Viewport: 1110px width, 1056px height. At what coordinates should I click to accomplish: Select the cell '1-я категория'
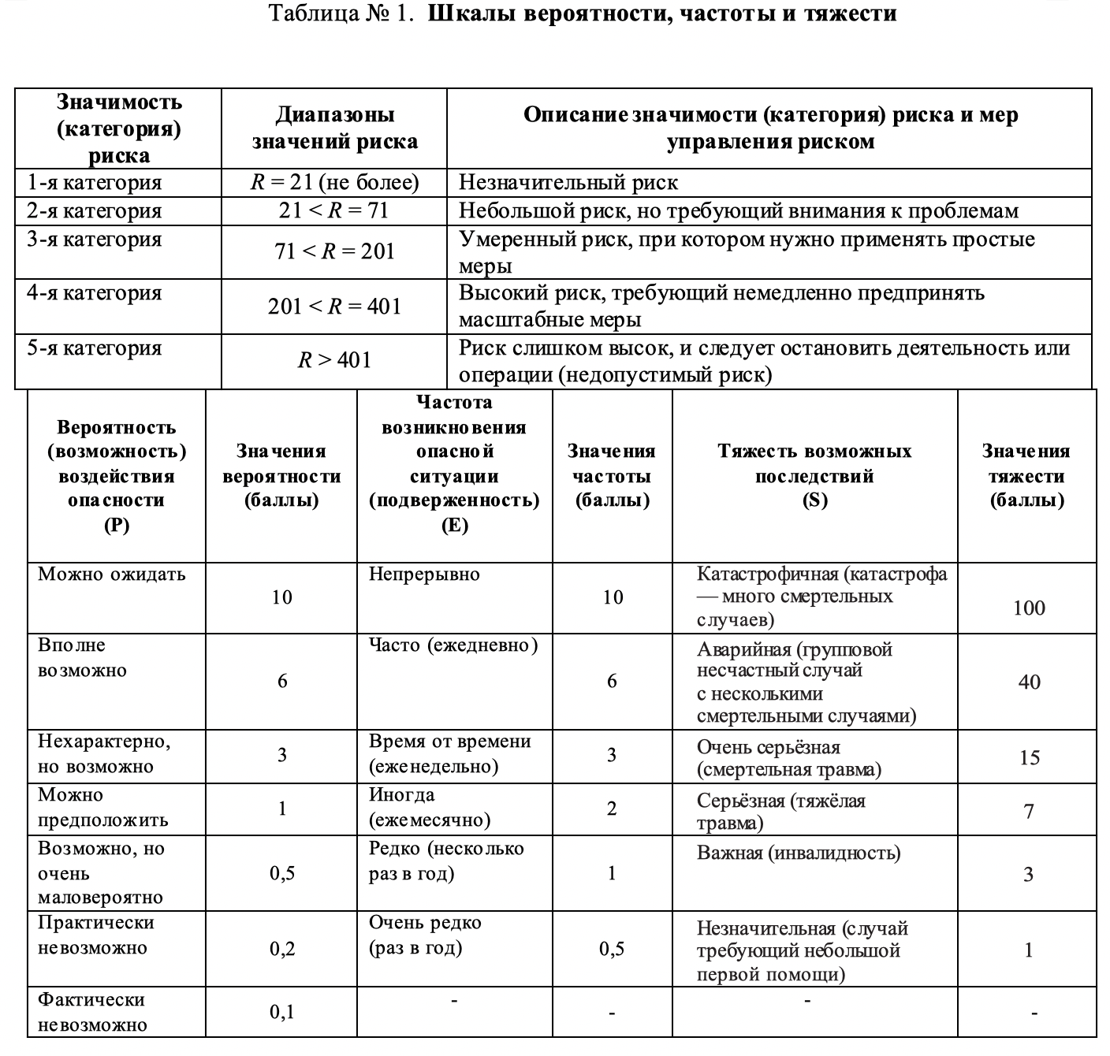[94, 183]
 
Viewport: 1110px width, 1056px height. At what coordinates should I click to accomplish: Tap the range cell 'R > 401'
[334, 360]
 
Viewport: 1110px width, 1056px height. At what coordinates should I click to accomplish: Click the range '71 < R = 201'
[334, 251]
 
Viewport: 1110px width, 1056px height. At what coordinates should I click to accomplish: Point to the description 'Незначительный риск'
[568, 183]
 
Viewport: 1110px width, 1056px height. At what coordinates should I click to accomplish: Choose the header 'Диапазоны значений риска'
[334, 128]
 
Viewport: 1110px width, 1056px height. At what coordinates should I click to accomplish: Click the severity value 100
[1029, 608]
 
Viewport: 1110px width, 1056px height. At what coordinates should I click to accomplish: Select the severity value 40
[1029, 682]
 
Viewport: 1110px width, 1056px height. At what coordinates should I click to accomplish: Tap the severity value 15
[1029, 757]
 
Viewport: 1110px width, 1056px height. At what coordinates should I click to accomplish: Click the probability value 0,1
[281, 1011]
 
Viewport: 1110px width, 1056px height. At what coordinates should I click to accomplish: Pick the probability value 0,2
[281, 949]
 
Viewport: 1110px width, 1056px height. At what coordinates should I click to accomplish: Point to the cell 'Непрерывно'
[424, 574]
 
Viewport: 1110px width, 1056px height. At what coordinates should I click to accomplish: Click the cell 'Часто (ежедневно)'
[453, 645]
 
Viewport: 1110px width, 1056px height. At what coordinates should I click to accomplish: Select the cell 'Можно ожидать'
[111, 574]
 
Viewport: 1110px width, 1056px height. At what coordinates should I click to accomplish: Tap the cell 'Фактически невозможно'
[92, 1012]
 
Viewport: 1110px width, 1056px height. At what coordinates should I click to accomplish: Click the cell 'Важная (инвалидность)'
[798, 853]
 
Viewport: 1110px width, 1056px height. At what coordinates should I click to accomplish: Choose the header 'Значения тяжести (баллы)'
[1026, 475]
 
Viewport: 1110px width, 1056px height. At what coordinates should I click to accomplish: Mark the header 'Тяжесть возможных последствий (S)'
[814, 475]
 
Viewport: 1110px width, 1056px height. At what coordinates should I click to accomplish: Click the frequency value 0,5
[612, 949]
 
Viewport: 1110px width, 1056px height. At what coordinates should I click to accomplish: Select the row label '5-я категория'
[94, 348]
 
